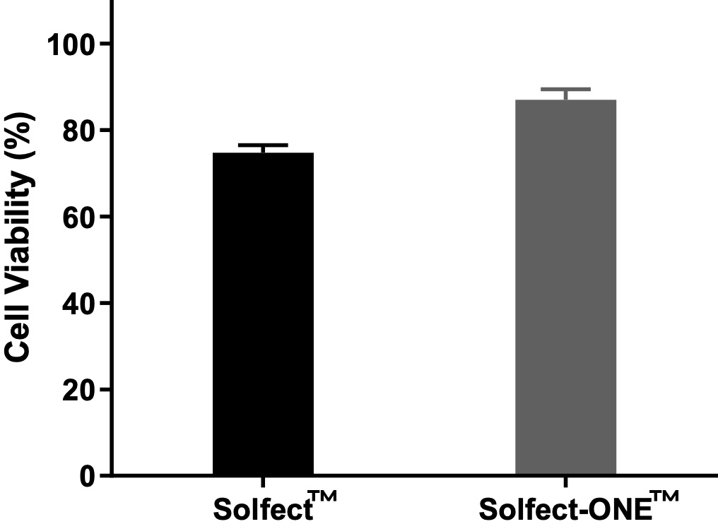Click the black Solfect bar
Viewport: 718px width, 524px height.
pyautogui.click(x=263, y=314)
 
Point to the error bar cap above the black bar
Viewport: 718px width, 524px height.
pyautogui.click(x=263, y=145)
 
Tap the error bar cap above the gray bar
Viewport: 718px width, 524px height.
pyautogui.click(x=565, y=89)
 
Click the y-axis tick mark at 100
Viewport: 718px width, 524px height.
pyautogui.click(x=105, y=44)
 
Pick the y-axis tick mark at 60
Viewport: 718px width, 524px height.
pyautogui.click(x=105, y=217)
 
